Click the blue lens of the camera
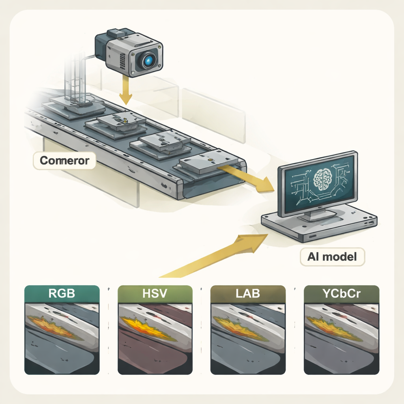coord(148,60)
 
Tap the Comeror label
coord(65,161)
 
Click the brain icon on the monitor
coord(322,178)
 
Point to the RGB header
coord(62,294)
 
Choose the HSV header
coord(155,294)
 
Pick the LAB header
coord(248,294)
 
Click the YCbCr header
coord(342,294)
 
